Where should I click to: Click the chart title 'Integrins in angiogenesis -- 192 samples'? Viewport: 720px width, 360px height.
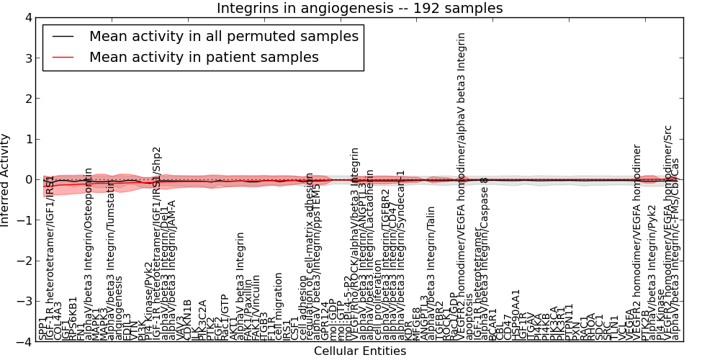359,8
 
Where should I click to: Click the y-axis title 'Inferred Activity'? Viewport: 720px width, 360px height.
6,179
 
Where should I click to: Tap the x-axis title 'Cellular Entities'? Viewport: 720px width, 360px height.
359,351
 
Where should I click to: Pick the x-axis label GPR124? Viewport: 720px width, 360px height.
325,322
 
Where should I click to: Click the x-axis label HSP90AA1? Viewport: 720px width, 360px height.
516,315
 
